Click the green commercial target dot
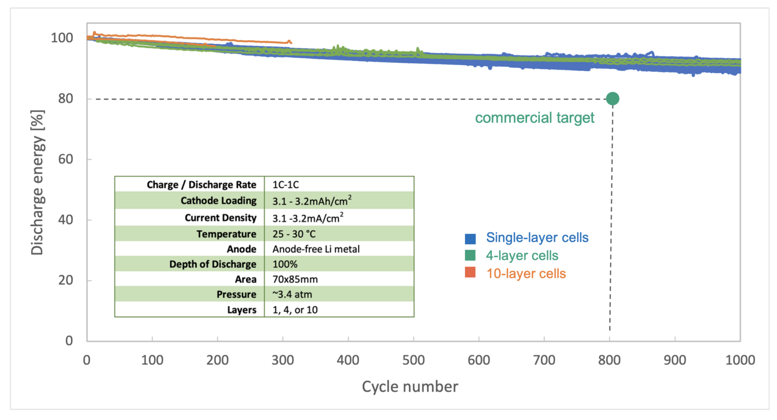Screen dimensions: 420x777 coord(612,99)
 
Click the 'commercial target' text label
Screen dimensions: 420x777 coord(534,118)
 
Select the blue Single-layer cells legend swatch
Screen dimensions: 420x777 coord(470,238)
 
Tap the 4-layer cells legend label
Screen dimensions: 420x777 coord(522,256)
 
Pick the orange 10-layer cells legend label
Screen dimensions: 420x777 coord(526,274)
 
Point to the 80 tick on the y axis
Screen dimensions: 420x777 coord(65,99)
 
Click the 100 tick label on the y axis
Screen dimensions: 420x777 coord(62,38)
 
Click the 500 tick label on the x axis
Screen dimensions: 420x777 coord(413,360)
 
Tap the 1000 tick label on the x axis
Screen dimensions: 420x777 coord(740,360)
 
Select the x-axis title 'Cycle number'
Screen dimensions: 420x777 coord(410,387)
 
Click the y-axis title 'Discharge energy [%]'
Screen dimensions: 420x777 coord(37,182)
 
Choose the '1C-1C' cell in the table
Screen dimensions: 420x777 coord(285,185)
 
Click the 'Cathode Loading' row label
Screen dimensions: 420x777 coord(218,201)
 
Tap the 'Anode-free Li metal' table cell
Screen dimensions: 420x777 coord(316,249)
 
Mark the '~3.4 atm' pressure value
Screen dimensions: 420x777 coord(292,295)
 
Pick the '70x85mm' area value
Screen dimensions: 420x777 coord(295,279)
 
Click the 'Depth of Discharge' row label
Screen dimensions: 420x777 coord(212,264)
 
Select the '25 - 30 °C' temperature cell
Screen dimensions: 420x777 coord(293,234)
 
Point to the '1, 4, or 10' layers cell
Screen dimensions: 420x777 coord(295,310)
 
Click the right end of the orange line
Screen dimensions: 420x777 coord(290,43)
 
